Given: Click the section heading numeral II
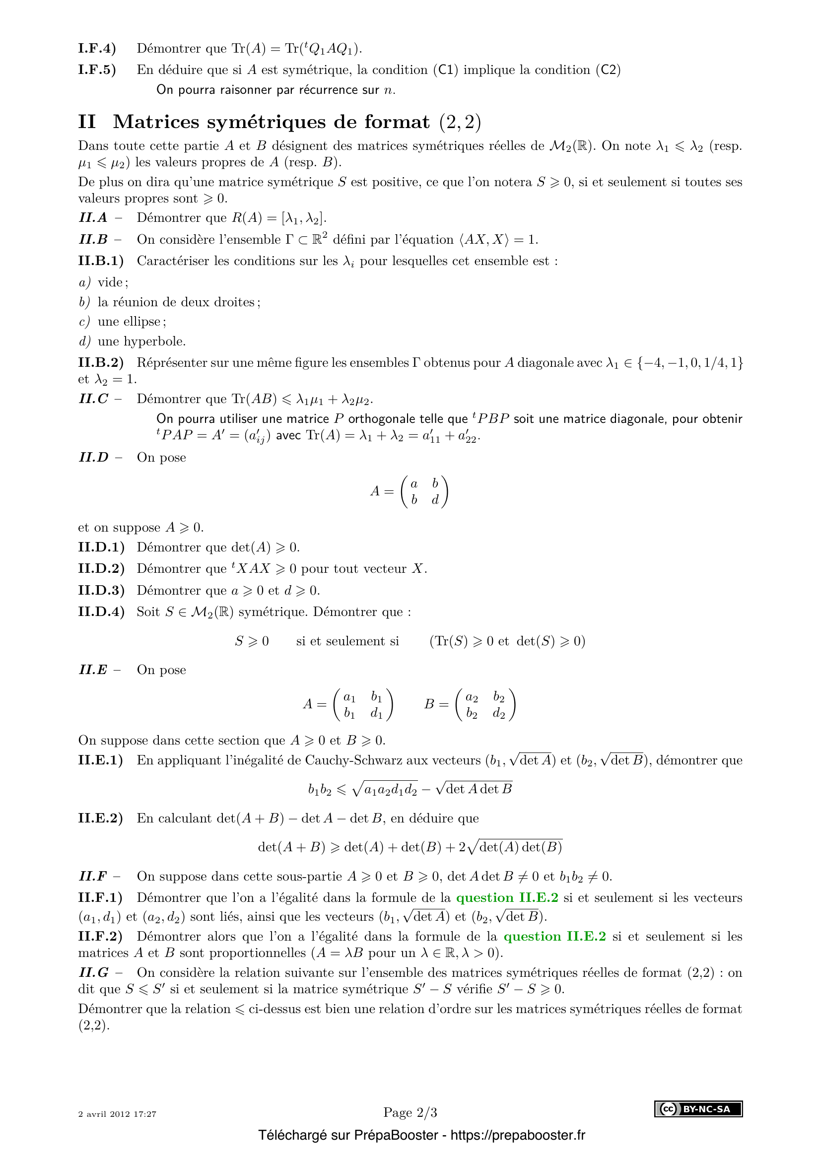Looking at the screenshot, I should coord(87,122).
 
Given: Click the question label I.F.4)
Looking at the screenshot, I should coord(97,49).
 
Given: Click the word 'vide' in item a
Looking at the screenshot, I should coord(111,282).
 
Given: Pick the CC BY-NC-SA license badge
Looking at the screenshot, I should coord(698,1109).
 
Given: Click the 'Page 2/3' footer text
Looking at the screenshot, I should coord(410,1112).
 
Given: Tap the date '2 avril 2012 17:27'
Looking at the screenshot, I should coord(117,1114).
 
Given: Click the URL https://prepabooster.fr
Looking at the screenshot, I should coord(518,1135).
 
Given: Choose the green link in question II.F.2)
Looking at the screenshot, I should coord(554,936).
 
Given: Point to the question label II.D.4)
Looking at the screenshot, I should coord(101,612).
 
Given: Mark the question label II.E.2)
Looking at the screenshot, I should coord(101,818).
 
